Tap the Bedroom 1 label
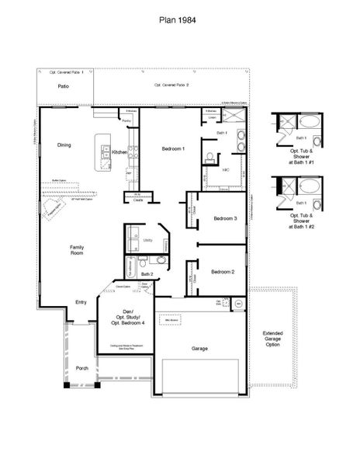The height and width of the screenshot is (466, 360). [x=172, y=148]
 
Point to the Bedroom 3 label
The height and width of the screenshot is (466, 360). [x=225, y=218]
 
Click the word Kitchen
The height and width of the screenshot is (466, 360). [x=119, y=152]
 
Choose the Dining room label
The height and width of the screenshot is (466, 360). [x=64, y=144]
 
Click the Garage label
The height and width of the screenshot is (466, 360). [x=199, y=349]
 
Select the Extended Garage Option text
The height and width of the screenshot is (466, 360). [x=272, y=338]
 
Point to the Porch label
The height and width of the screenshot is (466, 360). [x=81, y=367]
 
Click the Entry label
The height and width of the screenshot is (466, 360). [x=81, y=302]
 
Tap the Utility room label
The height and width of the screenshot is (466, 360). [x=147, y=241]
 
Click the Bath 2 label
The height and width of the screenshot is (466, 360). [x=147, y=273]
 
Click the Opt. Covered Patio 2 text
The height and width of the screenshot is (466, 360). [x=171, y=84]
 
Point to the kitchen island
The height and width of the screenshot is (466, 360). [x=101, y=152]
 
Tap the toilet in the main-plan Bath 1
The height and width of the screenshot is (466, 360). [x=209, y=158]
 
